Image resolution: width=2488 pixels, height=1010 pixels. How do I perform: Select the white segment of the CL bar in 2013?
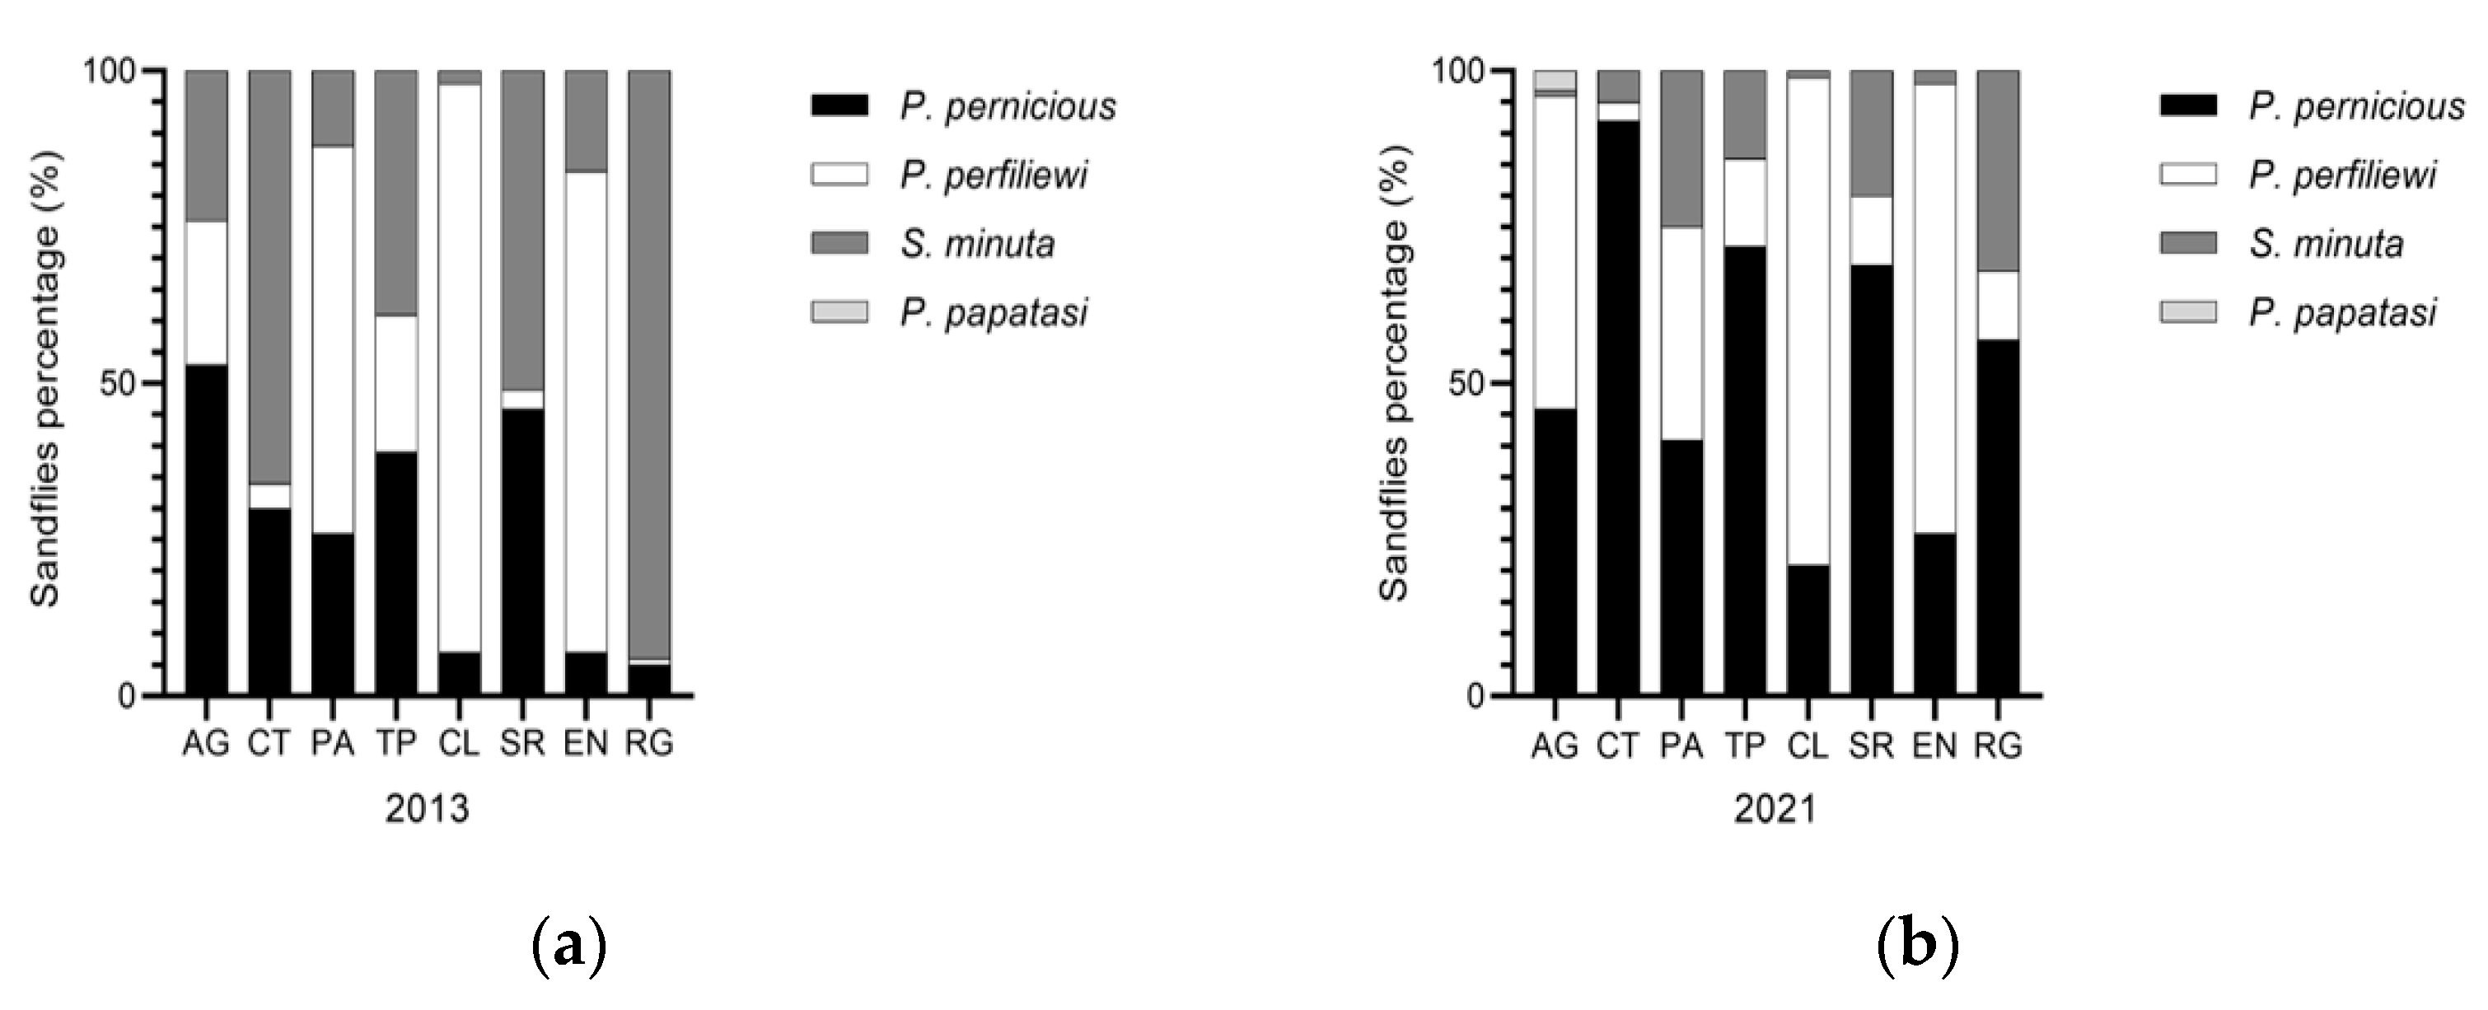pyautogui.click(x=460, y=367)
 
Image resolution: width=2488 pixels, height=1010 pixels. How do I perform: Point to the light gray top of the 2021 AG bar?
pyautogui.click(x=1555, y=79)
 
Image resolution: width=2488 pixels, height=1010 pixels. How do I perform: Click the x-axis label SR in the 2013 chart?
pyautogui.click(x=522, y=745)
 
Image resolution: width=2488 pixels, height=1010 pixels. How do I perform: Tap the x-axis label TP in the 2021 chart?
pyautogui.click(x=1744, y=746)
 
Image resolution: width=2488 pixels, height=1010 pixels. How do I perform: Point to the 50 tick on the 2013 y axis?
pyautogui.click(x=116, y=383)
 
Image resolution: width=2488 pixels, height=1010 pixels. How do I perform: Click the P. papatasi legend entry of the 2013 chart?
pyautogui.click(x=993, y=313)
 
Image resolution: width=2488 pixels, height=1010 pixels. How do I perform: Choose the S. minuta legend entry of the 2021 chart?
pyautogui.click(x=2326, y=243)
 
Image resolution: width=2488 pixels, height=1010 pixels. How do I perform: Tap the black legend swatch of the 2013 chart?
pyautogui.click(x=839, y=105)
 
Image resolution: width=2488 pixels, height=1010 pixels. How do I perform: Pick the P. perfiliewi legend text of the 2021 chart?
pyautogui.click(x=2342, y=175)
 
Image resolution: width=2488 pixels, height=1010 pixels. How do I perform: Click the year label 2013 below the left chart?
pyautogui.click(x=427, y=809)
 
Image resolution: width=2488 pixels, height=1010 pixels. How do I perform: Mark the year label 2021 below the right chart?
pyautogui.click(x=1775, y=809)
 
